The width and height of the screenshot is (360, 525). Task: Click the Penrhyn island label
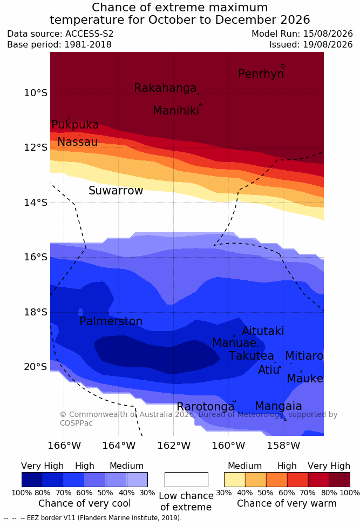261,74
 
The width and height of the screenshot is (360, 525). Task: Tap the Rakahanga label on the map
165,88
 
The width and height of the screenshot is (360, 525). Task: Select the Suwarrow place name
116,191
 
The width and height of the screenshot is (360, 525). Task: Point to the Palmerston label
111,321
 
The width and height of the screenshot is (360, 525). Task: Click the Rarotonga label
206,407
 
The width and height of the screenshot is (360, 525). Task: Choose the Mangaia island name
279,406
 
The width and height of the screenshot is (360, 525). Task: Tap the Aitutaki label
263,331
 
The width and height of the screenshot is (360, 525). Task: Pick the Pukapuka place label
75,125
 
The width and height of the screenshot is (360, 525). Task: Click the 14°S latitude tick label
36,202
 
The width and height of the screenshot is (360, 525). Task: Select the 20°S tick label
36,367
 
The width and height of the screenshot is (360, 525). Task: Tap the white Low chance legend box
186,480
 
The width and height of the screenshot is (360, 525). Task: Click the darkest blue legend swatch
32,480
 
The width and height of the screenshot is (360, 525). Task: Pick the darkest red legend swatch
339,480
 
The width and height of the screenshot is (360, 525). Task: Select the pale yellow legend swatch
235,480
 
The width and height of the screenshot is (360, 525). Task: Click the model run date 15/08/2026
328,34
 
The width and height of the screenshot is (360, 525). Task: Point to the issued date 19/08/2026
328,44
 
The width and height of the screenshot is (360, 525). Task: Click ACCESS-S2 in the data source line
90,34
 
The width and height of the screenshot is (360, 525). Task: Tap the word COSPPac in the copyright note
76,423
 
